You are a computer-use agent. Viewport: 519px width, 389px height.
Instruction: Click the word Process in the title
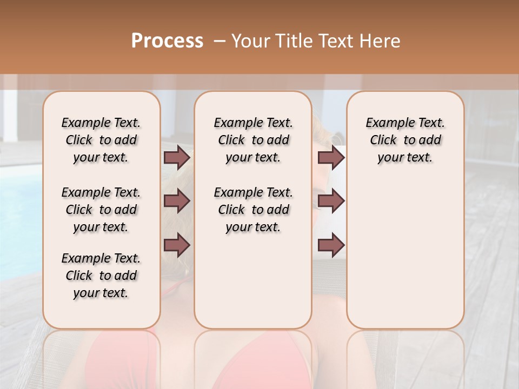(167, 41)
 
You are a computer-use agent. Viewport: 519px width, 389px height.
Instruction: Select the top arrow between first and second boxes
(177, 158)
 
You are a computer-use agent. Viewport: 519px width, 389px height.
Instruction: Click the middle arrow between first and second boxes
(177, 202)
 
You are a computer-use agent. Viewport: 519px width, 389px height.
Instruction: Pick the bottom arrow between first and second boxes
(177, 245)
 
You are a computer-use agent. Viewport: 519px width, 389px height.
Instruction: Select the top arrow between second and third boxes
(331, 158)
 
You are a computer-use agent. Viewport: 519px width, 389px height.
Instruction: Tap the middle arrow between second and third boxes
(331, 202)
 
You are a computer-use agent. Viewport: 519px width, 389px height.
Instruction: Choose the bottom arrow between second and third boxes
(331, 245)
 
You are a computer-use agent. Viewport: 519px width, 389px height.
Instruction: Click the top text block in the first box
(101, 140)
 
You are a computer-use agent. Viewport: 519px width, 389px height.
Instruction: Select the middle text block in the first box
(101, 210)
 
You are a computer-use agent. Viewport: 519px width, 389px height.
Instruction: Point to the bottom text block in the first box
(101, 276)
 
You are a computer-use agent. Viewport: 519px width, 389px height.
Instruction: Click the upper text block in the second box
(253, 140)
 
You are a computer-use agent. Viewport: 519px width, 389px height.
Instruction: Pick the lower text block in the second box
(253, 210)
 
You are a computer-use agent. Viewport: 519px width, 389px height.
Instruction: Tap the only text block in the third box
(405, 140)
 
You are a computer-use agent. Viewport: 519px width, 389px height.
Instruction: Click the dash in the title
(219, 41)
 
